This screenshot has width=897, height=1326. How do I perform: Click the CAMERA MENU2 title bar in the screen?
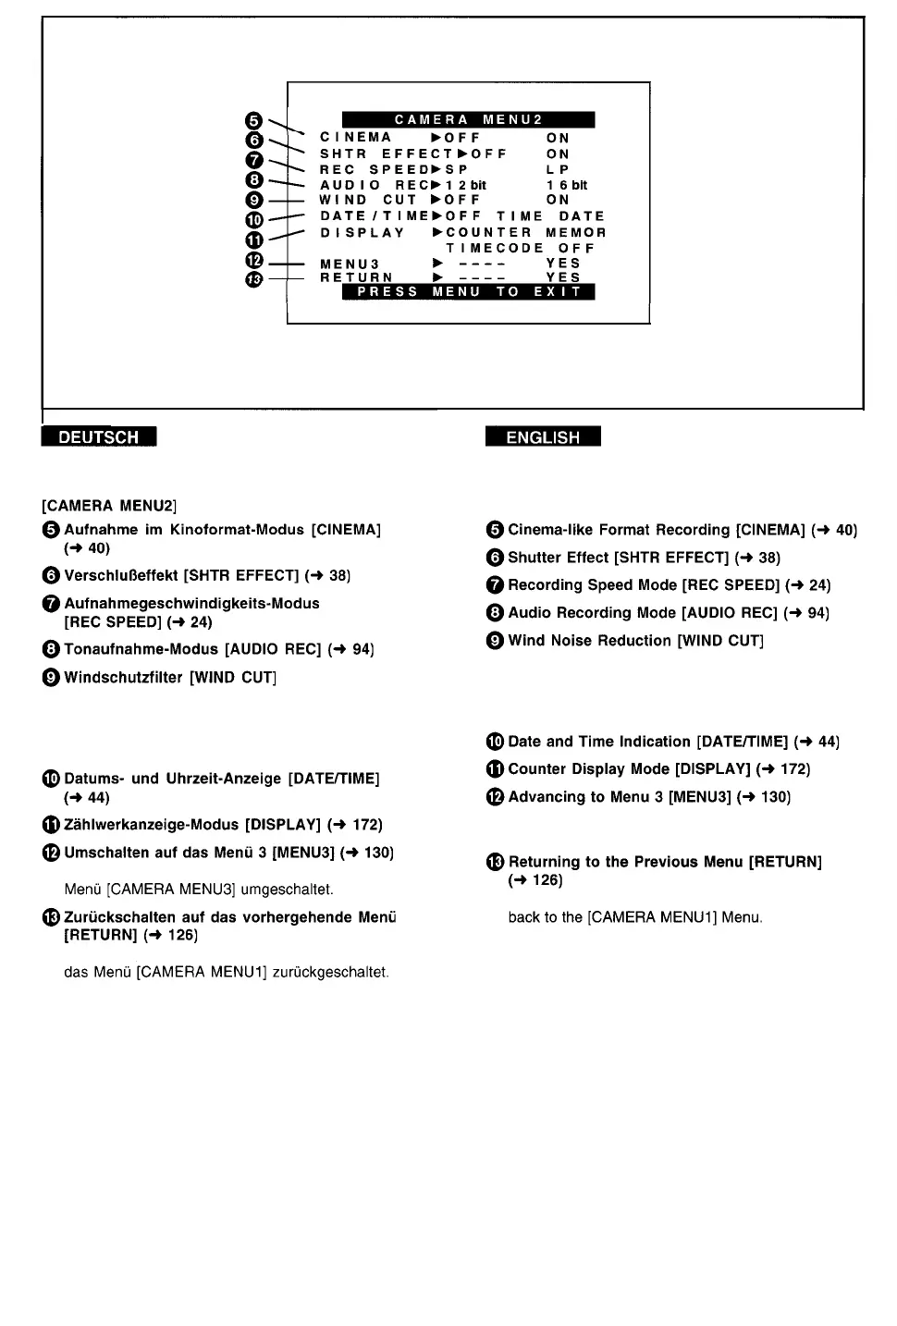coord(468,119)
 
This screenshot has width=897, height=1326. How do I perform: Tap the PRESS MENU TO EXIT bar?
coord(468,292)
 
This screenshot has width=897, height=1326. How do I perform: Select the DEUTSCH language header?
coord(98,437)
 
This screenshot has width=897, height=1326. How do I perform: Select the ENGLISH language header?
coord(543,437)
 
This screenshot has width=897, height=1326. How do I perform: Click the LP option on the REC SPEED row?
coord(558,170)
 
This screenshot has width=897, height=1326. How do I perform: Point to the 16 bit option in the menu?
coord(567,185)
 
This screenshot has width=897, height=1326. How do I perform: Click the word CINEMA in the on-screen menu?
coord(356,138)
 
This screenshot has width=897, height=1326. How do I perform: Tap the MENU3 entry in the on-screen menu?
coord(350,264)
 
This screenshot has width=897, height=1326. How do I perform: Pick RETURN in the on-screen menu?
coord(356,277)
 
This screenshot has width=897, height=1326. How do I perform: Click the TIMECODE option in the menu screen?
coord(495,248)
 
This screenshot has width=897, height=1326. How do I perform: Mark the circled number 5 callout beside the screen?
coord(255,120)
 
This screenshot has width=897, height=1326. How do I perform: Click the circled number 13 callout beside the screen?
coord(255,278)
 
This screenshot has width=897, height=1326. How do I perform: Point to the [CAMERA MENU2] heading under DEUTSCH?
coord(109,506)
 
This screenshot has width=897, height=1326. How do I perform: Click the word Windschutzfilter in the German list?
coord(124,678)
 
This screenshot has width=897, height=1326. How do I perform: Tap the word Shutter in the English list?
coord(532,558)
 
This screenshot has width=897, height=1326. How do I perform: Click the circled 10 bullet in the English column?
coord(495,742)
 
